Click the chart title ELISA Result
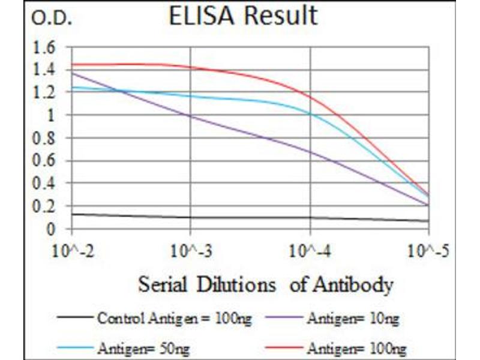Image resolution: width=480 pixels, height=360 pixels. point(243,16)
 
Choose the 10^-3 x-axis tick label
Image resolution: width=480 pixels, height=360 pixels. point(191,249)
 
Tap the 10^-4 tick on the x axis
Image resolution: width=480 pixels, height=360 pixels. point(310,249)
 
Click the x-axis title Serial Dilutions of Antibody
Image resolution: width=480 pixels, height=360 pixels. point(266,284)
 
